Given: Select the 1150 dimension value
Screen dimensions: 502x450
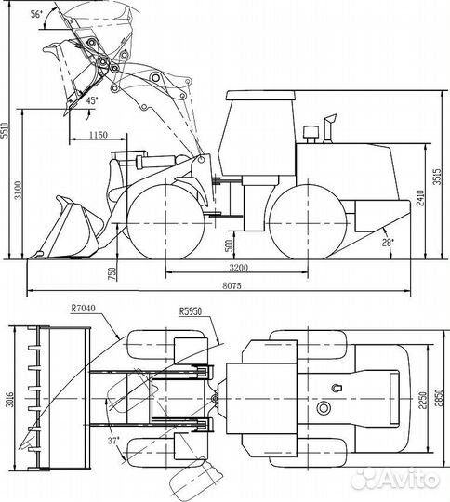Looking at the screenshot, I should coord(103,135).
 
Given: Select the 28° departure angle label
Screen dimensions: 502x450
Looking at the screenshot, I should coord(387,243).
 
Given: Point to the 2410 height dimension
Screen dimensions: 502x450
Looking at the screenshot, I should coord(419,196).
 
